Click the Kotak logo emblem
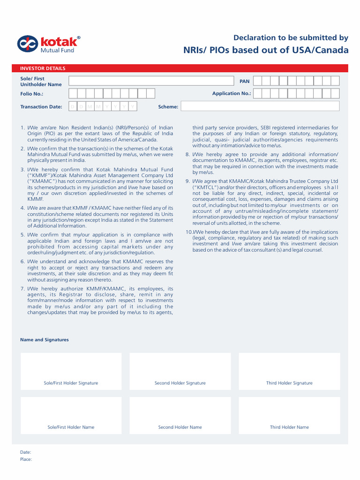(x=27, y=44)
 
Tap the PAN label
(x=245, y=81)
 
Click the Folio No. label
(x=32, y=94)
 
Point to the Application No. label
(x=232, y=93)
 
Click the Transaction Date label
(x=41, y=106)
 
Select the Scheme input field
(x=260, y=106)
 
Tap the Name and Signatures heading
(x=45, y=340)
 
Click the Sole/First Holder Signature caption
(x=71, y=383)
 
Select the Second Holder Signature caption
(x=180, y=383)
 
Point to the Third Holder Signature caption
(x=289, y=383)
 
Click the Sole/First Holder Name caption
(x=71, y=427)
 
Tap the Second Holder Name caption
(x=180, y=427)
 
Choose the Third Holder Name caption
(x=289, y=427)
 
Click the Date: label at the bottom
(x=26, y=452)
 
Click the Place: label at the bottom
(x=26, y=459)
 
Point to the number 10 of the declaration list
(x=188, y=232)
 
